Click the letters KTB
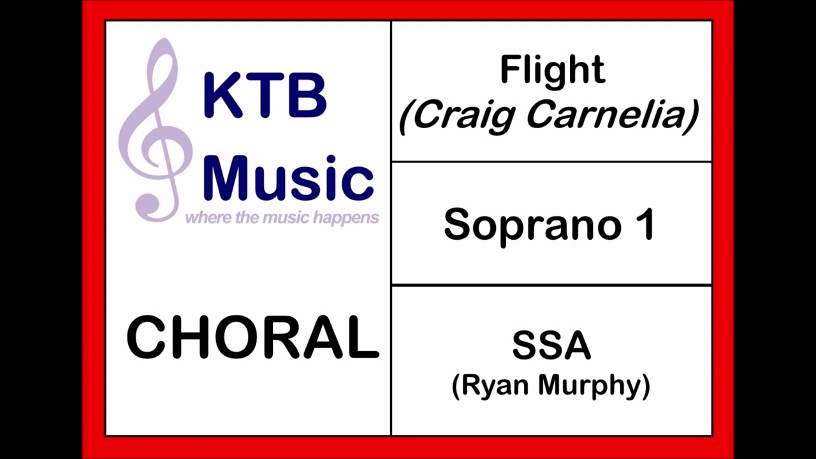(265, 96)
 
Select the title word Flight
(551, 70)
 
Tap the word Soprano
(532, 224)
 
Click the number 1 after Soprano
(645, 224)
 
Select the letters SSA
(551, 346)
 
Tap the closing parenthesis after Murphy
(646, 386)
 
